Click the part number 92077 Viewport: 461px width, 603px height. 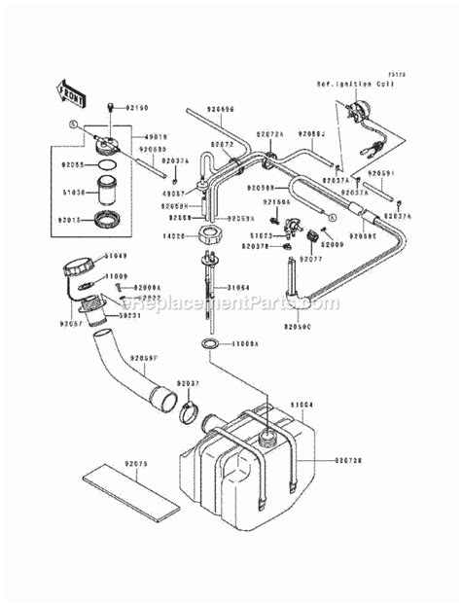coord(310,261)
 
